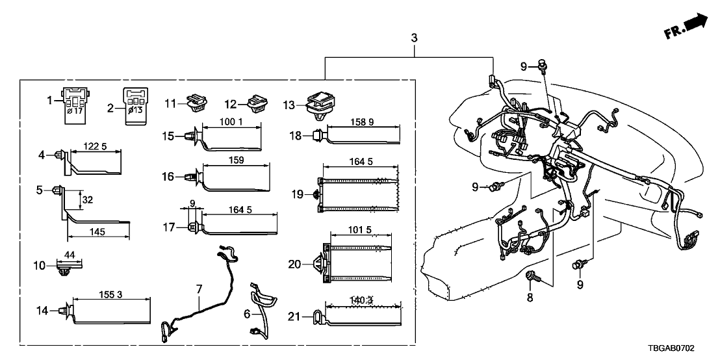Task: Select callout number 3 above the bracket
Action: pyautogui.click(x=415, y=39)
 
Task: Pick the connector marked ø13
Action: pyautogui.click(x=135, y=103)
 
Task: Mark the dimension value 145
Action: pyautogui.click(x=99, y=231)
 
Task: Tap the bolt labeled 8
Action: pyautogui.click(x=530, y=278)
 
